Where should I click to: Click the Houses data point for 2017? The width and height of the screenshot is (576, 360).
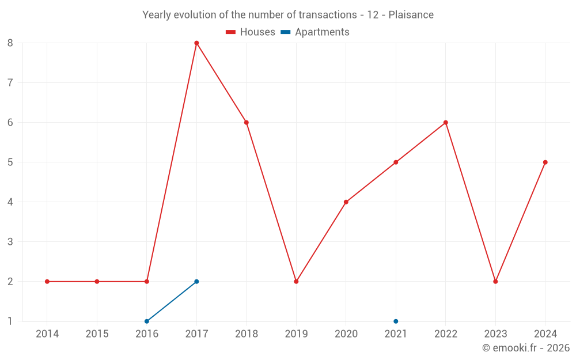196,43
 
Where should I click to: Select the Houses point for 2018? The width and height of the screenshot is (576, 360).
247,123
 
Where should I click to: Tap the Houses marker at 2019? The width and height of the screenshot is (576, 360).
296,282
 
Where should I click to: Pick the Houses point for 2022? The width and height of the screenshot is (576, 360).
446,123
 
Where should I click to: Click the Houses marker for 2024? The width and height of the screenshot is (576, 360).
545,162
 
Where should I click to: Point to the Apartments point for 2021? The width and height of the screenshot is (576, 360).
396,321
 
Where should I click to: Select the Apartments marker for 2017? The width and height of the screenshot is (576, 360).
196,282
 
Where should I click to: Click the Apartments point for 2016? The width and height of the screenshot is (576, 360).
147,321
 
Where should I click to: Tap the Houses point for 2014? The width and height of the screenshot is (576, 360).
47,282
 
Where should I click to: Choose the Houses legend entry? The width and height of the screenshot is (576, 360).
251,32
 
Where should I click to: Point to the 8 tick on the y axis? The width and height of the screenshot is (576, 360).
10,43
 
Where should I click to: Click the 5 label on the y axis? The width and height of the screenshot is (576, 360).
10,162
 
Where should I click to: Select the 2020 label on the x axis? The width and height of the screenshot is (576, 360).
346,334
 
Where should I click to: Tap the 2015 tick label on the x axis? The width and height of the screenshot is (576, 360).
97,334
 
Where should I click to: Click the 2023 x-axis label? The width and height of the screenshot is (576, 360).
495,334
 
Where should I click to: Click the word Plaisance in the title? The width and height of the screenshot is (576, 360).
411,15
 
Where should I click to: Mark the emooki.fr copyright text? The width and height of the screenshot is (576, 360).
526,348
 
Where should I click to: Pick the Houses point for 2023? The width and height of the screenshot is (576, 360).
495,282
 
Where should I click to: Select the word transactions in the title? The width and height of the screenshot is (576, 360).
328,15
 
